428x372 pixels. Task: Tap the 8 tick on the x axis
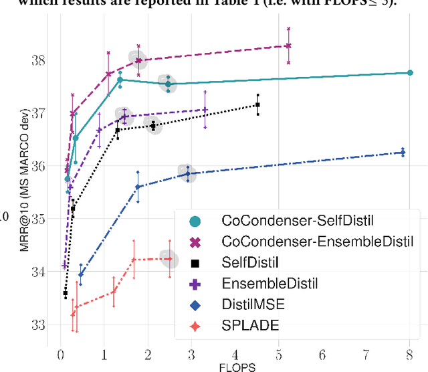(x=409, y=354)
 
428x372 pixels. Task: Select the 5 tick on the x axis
(x=278, y=354)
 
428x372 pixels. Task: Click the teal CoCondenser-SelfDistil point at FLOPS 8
(x=409, y=72)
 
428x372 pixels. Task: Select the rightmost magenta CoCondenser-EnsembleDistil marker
(x=288, y=45)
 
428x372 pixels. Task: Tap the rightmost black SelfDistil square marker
(x=257, y=104)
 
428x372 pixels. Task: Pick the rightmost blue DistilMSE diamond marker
(x=403, y=152)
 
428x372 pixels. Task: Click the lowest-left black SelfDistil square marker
(x=66, y=293)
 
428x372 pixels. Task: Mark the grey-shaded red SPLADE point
(x=169, y=259)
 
